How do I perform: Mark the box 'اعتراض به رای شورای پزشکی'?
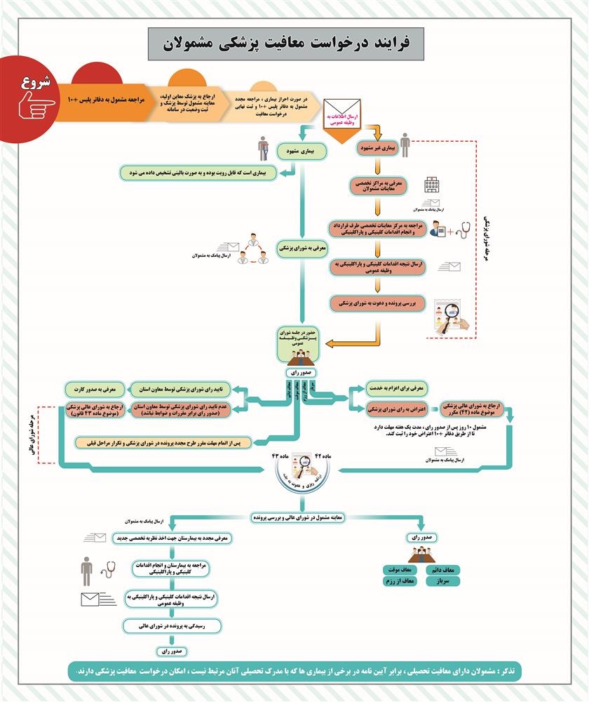point(395,408)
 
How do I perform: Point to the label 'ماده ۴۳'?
point(271,456)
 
